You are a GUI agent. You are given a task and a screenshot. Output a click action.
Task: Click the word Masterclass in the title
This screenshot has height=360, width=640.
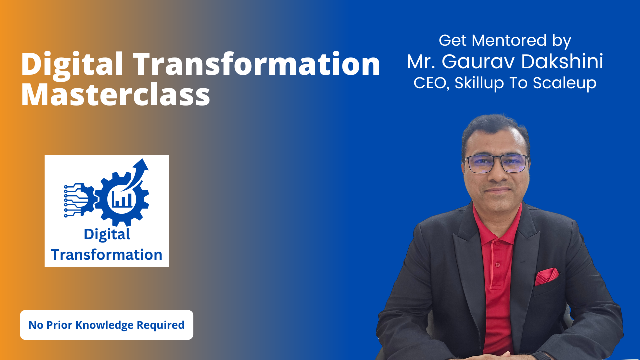116,95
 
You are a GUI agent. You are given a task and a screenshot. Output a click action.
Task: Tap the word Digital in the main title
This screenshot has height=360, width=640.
72,65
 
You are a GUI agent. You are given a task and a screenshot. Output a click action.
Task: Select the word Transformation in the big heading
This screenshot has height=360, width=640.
257,64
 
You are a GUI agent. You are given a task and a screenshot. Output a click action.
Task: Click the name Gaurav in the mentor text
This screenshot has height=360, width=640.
478,61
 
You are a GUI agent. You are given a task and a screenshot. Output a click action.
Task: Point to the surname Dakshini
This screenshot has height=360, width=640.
562,61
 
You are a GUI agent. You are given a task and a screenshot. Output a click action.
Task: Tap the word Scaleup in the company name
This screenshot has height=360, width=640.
565,84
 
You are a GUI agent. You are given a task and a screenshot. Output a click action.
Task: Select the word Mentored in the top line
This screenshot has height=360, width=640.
509,40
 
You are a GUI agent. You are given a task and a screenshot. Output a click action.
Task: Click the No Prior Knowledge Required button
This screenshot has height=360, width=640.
107,325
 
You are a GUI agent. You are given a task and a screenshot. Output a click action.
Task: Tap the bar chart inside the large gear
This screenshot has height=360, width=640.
122,199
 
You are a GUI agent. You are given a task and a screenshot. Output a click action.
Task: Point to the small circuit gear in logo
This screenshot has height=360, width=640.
79,199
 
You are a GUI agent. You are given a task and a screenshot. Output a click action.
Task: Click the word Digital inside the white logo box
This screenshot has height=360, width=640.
107,235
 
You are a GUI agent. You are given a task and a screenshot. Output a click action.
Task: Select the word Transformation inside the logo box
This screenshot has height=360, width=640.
107,255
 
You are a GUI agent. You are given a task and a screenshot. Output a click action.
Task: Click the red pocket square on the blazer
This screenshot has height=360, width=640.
547,276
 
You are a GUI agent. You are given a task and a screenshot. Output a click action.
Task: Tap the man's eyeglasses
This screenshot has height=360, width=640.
496,164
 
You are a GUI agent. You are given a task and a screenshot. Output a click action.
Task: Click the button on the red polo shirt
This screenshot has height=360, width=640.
498,265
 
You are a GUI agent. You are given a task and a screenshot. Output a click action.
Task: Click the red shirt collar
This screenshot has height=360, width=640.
497,225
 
